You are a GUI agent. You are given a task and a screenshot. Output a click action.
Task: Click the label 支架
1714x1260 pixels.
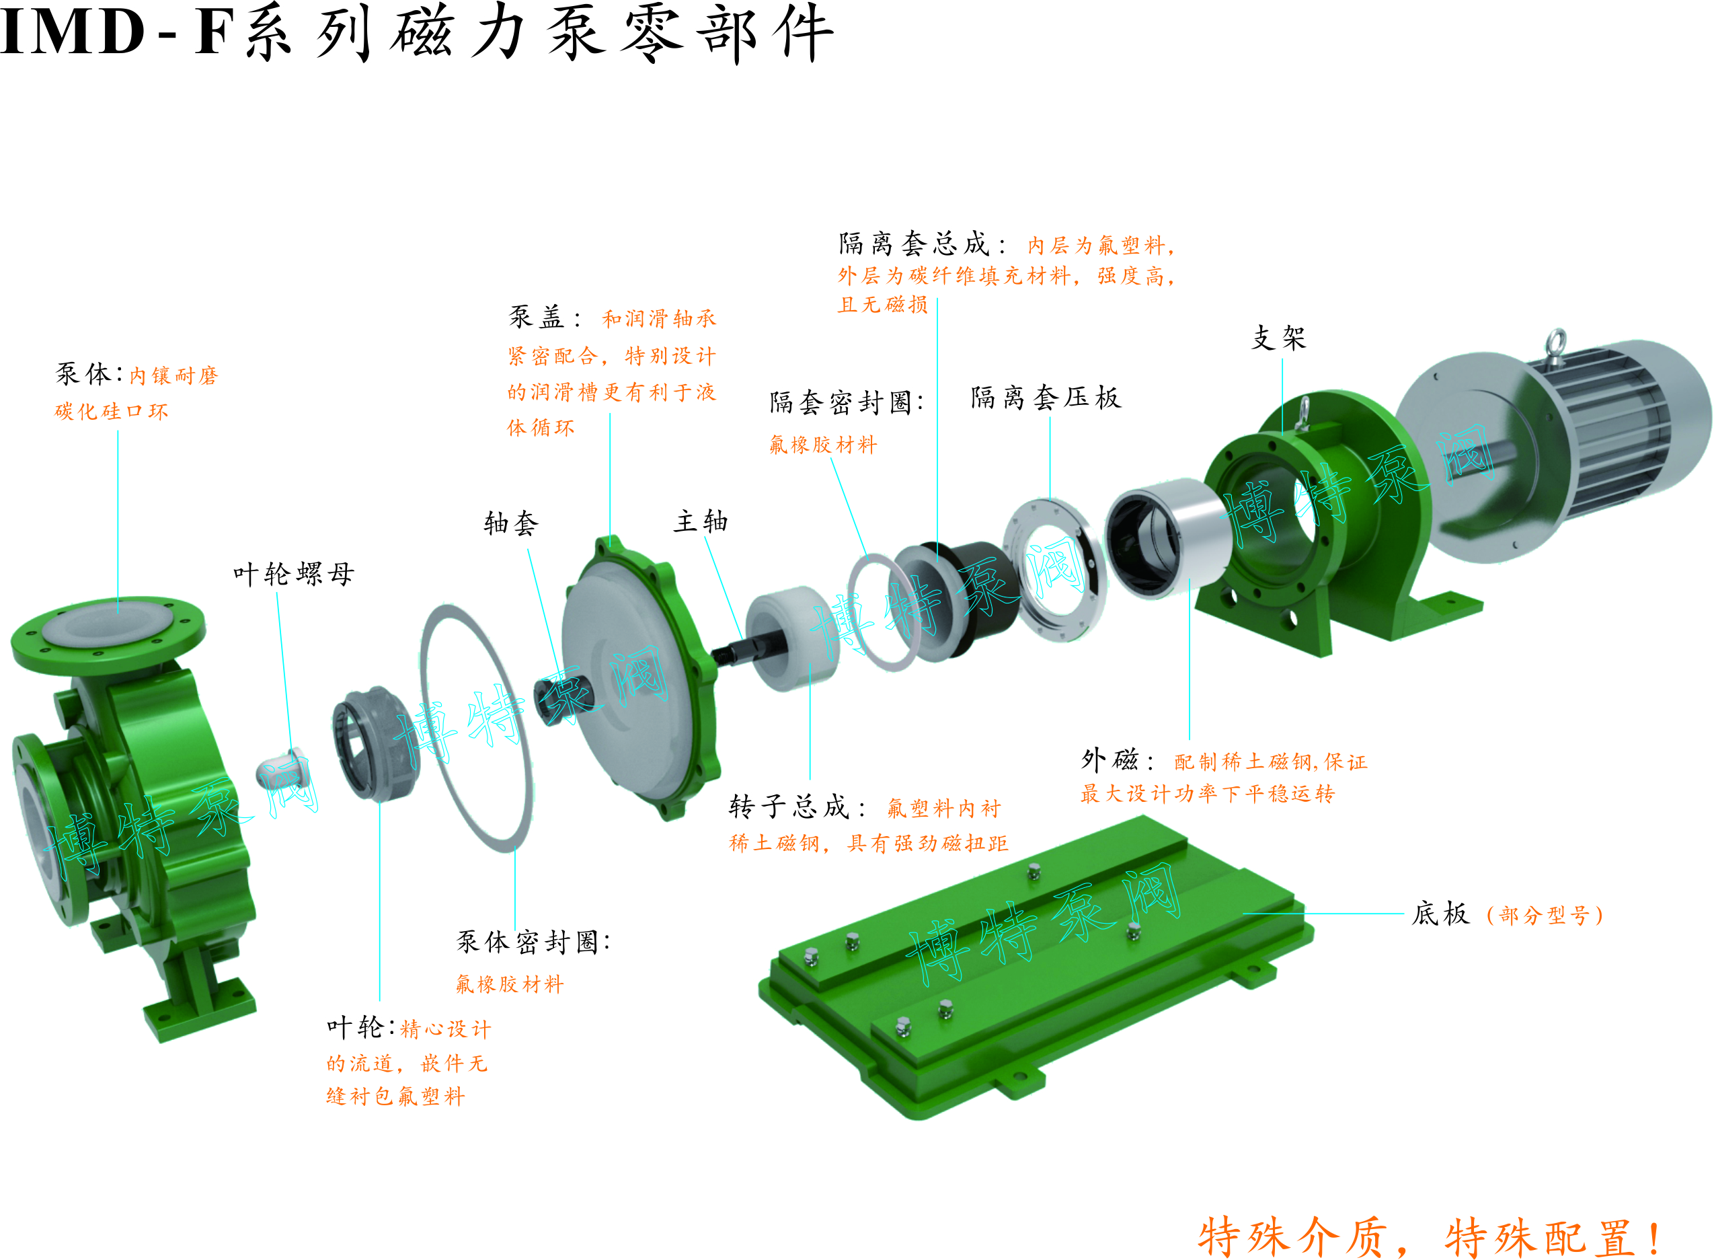pyautogui.click(x=1279, y=337)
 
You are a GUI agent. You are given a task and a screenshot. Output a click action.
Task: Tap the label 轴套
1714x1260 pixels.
pyautogui.click(x=511, y=523)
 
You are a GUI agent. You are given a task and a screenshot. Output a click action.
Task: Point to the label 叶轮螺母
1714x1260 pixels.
pyautogui.click(x=294, y=574)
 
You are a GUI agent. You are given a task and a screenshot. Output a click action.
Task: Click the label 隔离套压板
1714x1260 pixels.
pyautogui.click(x=1046, y=398)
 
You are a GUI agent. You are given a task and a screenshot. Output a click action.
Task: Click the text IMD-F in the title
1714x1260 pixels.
pyautogui.click(x=115, y=32)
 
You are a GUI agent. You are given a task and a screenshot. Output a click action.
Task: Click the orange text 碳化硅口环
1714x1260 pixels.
pyautogui.click(x=112, y=412)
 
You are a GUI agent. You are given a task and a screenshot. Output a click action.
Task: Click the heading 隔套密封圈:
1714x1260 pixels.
pyautogui.click(x=847, y=402)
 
